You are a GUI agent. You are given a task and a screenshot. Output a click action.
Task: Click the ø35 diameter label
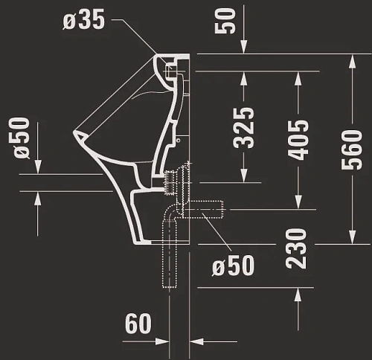point(84,19)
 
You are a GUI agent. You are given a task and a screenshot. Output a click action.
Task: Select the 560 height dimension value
point(351,146)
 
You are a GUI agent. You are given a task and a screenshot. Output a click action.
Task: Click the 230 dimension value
point(297,248)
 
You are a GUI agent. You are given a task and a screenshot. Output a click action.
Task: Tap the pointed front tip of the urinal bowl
point(77,135)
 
